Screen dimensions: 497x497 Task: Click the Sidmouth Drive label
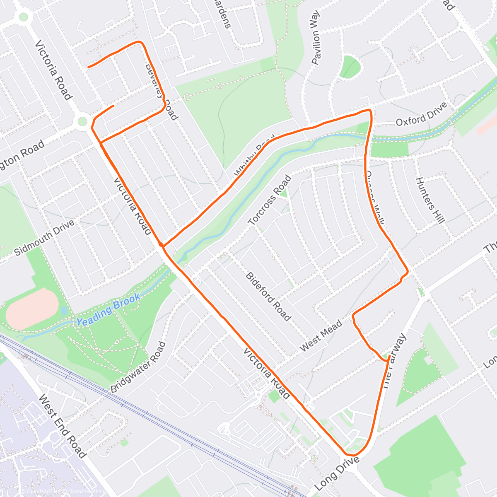[45, 237]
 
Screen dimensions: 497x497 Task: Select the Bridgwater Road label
[138, 367]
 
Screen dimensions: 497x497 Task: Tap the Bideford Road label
[268, 296]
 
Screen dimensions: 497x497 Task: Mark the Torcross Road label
[270, 200]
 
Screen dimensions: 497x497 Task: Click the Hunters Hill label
[430, 200]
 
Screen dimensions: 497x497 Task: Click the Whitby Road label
[254, 155]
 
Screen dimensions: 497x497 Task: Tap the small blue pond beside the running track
[64, 310]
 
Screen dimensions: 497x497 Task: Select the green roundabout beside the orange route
[82, 121]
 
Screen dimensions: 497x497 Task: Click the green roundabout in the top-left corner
[23, 17]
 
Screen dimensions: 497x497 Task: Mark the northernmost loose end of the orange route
[89, 66]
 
